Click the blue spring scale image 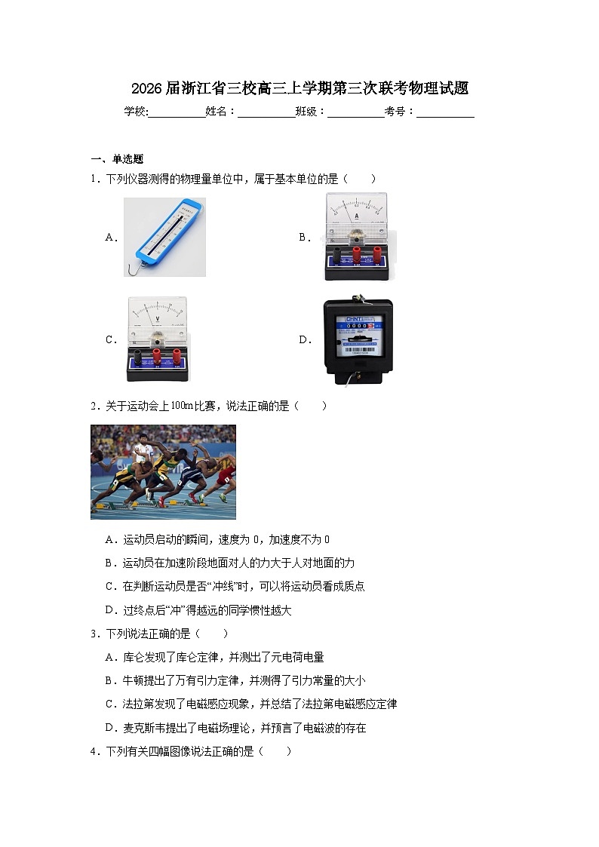(164, 236)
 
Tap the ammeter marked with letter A (356, 236)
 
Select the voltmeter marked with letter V (158, 339)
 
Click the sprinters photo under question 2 (163, 472)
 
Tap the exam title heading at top (299, 89)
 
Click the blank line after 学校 (177, 112)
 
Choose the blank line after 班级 (355, 112)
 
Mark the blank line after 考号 (445, 112)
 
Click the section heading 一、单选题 (117, 159)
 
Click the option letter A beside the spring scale (109, 237)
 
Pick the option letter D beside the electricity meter (303, 339)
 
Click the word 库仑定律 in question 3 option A (177, 658)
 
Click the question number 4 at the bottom (94, 752)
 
